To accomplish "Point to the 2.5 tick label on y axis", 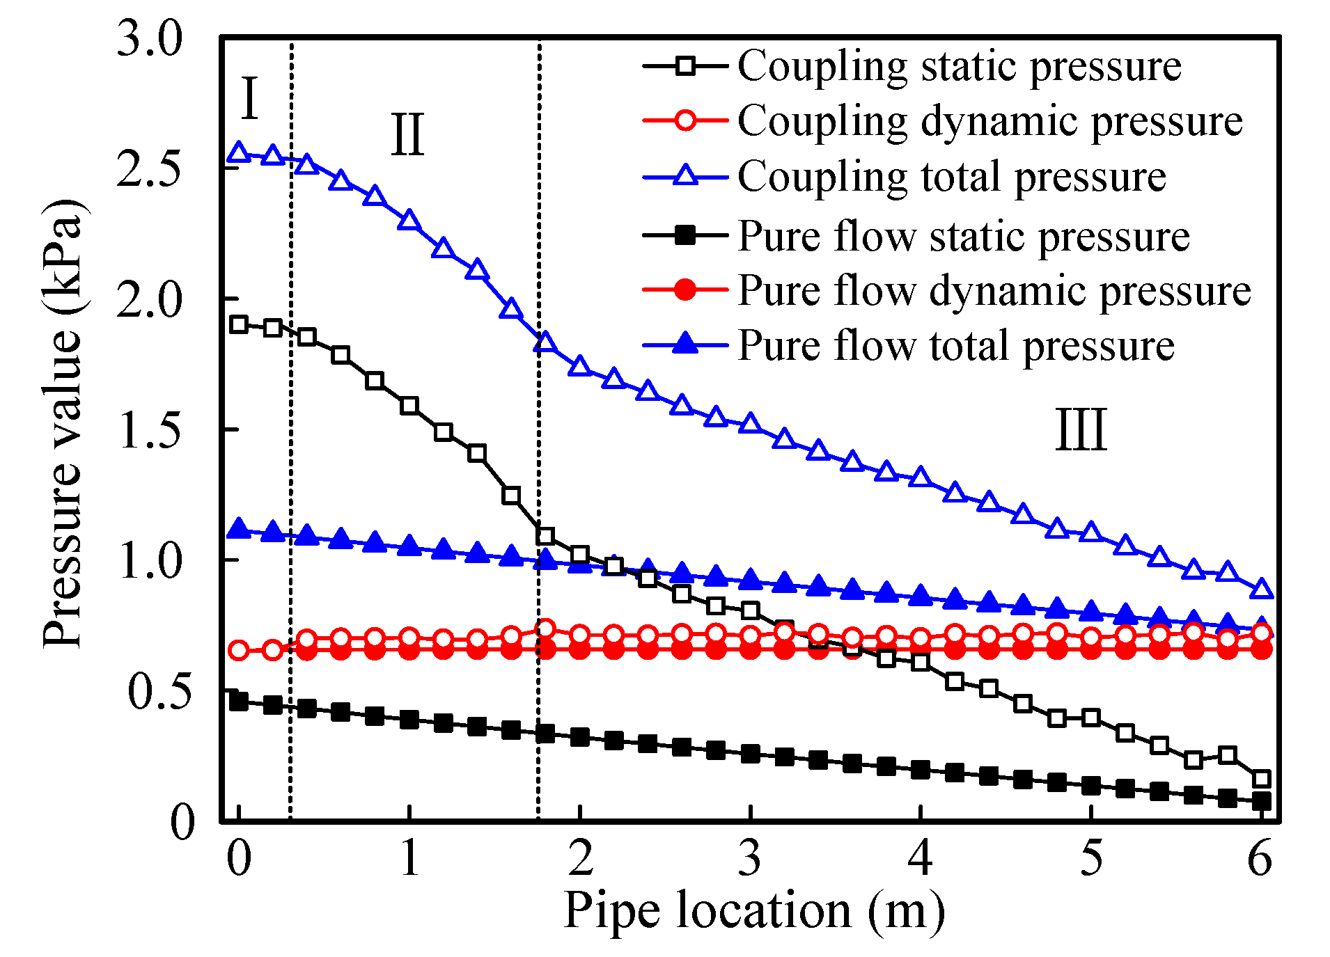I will point(149,168).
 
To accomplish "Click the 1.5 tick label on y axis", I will point(149,430).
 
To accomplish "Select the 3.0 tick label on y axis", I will point(149,38).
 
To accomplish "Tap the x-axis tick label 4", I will point(920,857).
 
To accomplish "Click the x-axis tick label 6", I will point(1260,857).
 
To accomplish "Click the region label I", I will point(249,98).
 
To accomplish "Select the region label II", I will point(407,134).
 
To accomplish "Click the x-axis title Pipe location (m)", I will point(754,910).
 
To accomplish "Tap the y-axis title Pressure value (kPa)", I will point(62,425).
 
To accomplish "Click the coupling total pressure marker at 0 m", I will point(239,152).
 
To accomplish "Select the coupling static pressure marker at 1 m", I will point(409,406).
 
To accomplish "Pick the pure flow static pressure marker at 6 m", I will point(1261,802).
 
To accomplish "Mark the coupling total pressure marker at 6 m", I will point(1261,590).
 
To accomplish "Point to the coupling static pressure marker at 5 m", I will point(1091,718).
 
